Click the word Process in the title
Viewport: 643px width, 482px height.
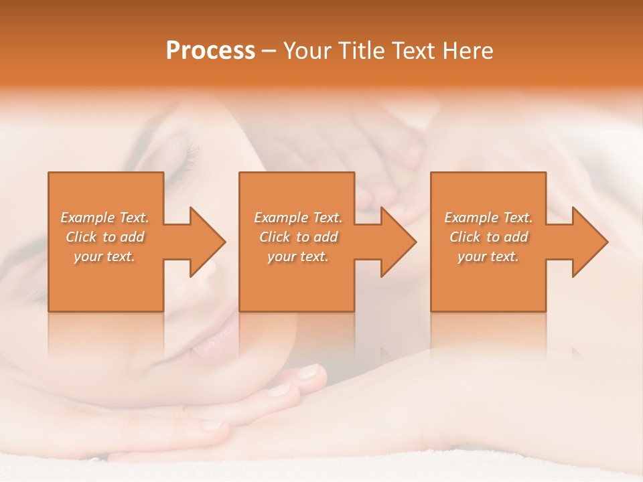[x=210, y=51]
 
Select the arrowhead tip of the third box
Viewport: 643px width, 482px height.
[x=606, y=242]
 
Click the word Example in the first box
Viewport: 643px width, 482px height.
[x=86, y=218]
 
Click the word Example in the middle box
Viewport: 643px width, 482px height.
[x=280, y=218]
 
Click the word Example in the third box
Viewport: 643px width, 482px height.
[x=470, y=218]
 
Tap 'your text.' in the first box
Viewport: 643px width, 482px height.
[x=104, y=256]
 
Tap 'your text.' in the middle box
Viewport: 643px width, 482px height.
[x=297, y=256]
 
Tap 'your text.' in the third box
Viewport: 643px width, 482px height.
[x=488, y=256]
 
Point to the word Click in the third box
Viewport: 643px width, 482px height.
[x=466, y=237]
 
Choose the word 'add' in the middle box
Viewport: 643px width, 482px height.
[x=326, y=237]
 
